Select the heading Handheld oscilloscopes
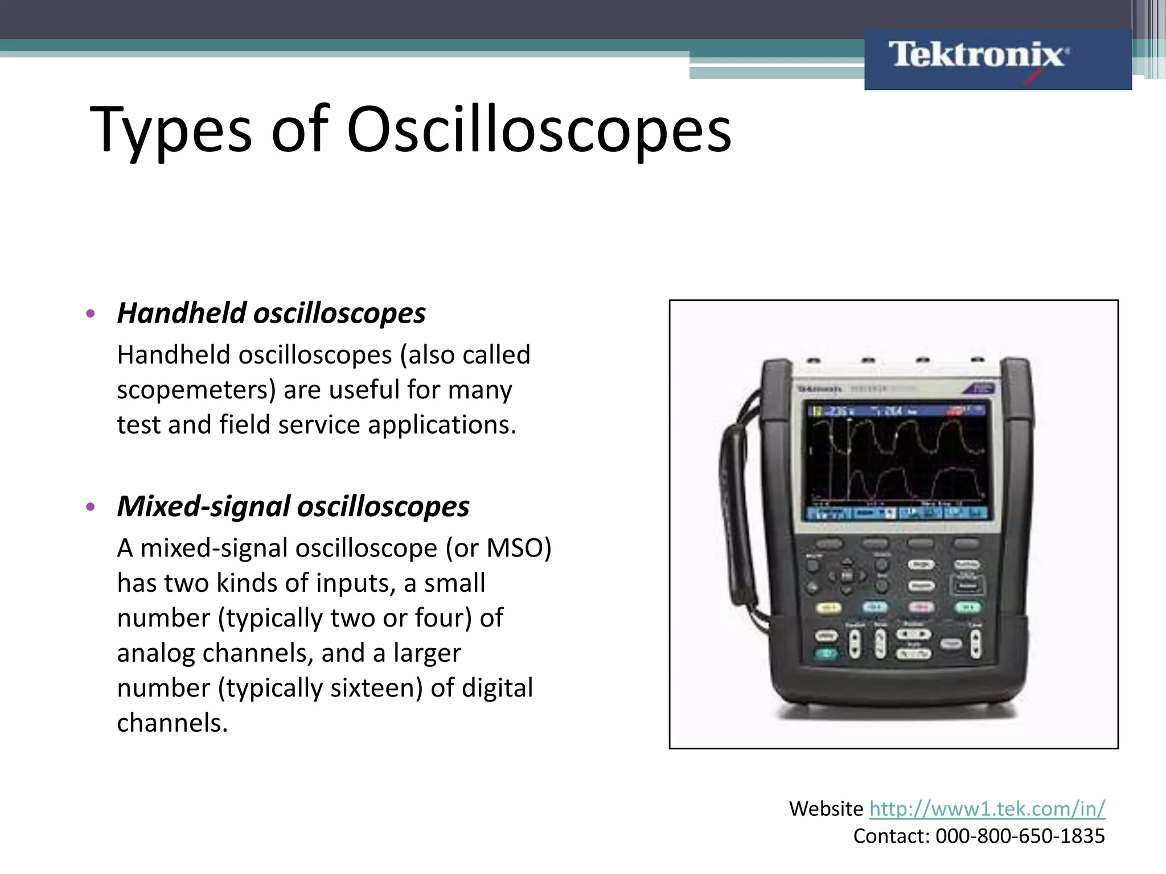[271, 313]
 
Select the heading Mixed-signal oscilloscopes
[293, 506]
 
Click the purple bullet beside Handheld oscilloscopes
[90, 314]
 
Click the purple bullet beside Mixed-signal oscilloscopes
[90, 506]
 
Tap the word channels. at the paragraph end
[172, 723]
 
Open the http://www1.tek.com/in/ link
[987, 809]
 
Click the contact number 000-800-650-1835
[1020, 836]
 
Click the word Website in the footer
[826, 809]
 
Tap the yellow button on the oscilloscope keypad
[828, 608]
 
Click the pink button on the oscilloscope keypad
[921, 608]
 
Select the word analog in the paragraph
[155, 653]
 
